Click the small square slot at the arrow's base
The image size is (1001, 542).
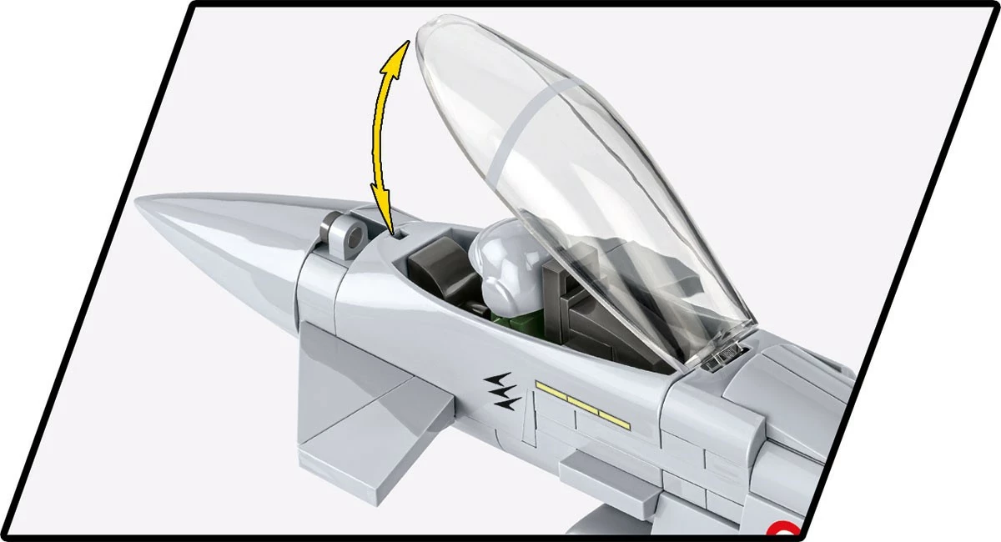tap(401, 236)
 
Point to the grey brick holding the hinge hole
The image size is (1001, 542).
tap(340, 238)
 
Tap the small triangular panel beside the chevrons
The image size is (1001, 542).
tap(527, 425)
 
